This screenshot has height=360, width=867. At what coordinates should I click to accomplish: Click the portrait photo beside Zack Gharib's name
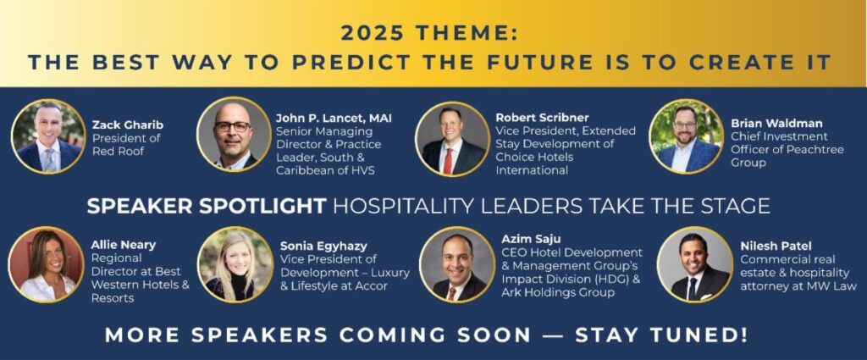click(x=48, y=136)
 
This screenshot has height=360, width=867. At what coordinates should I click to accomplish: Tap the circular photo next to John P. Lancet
click(x=234, y=135)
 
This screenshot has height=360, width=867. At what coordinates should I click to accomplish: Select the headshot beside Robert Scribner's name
click(x=453, y=139)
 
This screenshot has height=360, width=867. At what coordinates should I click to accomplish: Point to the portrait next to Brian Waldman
click(x=686, y=136)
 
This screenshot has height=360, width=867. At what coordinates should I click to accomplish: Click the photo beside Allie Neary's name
click(x=47, y=264)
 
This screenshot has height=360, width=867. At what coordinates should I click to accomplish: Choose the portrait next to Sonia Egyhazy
click(x=235, y=264)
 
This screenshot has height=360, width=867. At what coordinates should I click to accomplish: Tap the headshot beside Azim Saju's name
click(x=457, y=264)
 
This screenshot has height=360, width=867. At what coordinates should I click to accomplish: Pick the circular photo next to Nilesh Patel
click(x=695, y=264)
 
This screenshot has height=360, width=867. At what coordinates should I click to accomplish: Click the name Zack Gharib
click(x=128, y=125)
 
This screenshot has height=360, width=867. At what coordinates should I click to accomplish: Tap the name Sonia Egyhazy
click(x=323, y=246)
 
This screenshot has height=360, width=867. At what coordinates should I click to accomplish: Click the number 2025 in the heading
click(x=374, y=34)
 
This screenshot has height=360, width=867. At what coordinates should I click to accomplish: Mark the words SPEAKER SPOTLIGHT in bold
click(x=207, y=207)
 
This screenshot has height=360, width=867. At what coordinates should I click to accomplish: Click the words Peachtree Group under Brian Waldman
click(x=787, y=156)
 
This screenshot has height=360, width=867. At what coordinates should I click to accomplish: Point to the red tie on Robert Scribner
click(x=449, y=160)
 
